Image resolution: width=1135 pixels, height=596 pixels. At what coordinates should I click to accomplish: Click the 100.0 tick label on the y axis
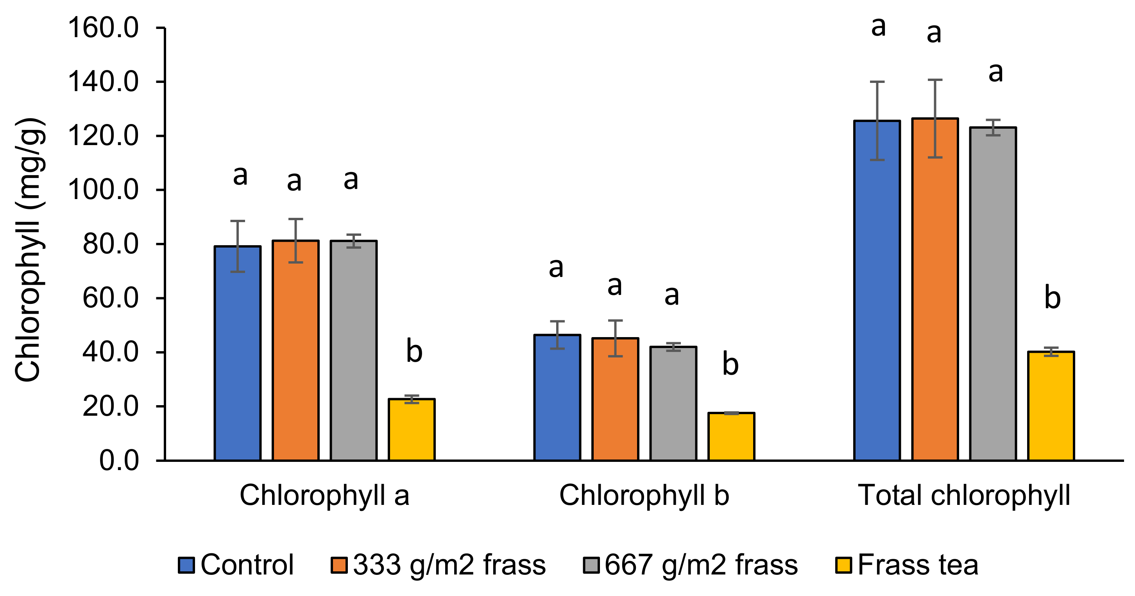[x=103, y=190]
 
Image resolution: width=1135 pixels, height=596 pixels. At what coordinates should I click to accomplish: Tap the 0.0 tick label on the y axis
[x=118, y=461]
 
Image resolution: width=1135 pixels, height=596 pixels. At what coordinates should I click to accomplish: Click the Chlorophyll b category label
[x=644, y=495]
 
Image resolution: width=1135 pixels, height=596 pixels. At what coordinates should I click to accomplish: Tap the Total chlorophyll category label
[x=964, y=495]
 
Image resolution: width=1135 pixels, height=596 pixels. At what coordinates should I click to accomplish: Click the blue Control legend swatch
[x=186, y=565]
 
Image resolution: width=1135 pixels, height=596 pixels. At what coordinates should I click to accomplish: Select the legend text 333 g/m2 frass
[x=449, y=565]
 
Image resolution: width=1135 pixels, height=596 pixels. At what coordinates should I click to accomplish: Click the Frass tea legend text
[x=918, y=565]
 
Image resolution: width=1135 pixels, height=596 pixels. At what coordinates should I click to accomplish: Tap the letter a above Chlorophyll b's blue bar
[x=556, y=267]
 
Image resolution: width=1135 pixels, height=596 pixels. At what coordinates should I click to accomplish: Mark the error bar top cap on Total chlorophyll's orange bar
[x=935, y=80]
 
